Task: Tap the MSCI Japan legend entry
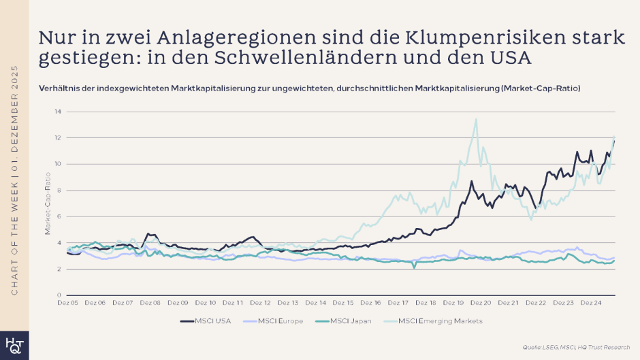[x=353, y=321]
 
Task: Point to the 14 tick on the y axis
[x=58, y=111]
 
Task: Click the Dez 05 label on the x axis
[x=67, y=302]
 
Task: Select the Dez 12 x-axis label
[x=260, y=302]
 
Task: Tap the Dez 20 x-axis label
[x=481, y=302]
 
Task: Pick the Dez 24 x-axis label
[x=591, y=302]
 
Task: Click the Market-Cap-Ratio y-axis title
[x=48, y=203]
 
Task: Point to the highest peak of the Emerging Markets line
[x=476, y=120]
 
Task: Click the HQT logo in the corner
[x=14, y=346]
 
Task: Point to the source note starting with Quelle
[x=576, y=348]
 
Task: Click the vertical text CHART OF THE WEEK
[x=14, y=231]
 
